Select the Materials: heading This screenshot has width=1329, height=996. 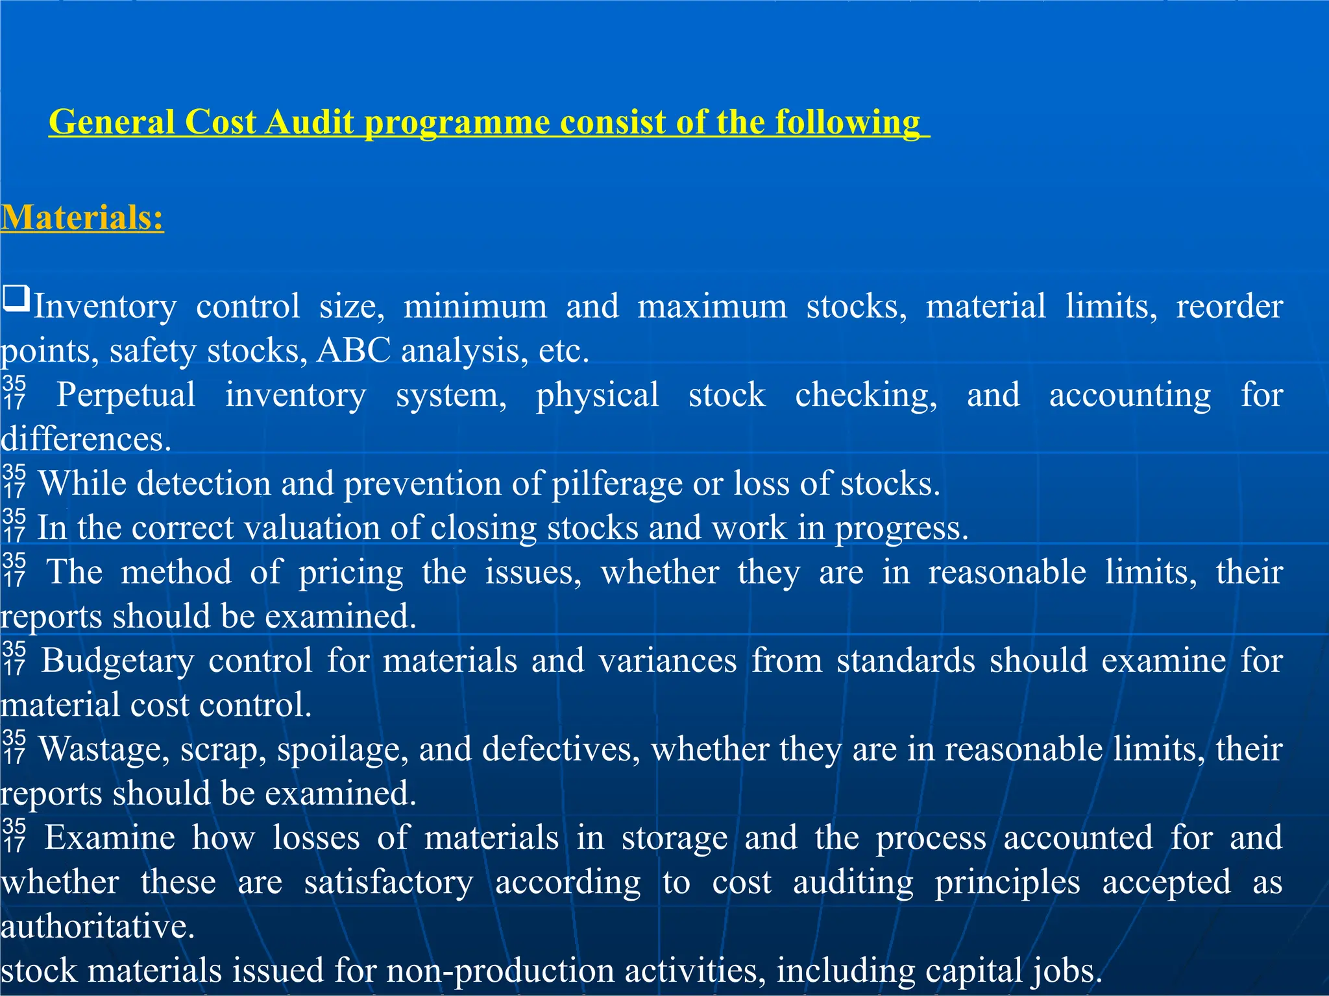[82, 217]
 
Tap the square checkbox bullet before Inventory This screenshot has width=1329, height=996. [16, 299]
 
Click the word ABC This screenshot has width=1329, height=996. [354, 351]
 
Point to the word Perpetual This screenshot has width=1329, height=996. [126, 395]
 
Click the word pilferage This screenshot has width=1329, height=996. [616, 484]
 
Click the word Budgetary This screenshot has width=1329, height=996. [117, 661]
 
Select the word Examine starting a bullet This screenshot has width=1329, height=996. [110, 838]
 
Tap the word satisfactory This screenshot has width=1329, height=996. [388, 883]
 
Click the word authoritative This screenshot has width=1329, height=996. [97, 926]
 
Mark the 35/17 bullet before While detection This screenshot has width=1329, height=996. [14, 481]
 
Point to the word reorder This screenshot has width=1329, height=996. [1229, 307]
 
